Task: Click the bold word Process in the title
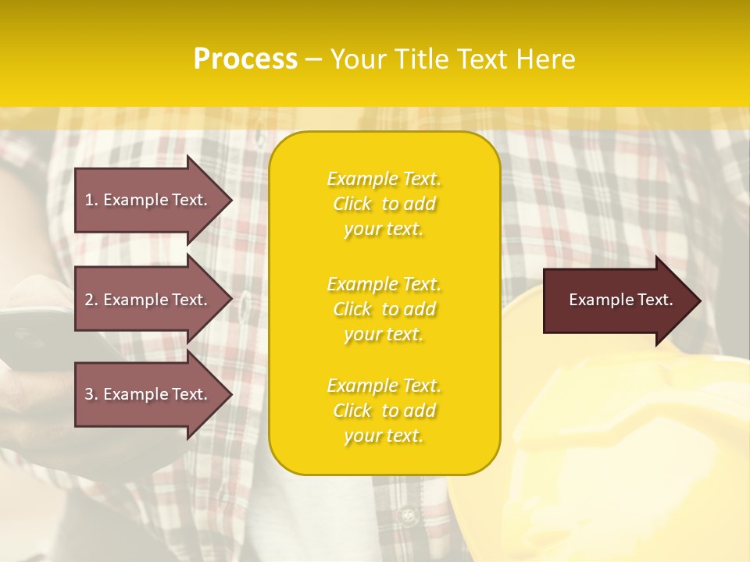pos(245,59)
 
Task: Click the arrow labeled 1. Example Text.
pos(146,200)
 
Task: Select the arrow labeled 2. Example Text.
pos(146,300)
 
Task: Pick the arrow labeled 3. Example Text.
pos(146,394)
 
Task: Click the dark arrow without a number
pos(620,301)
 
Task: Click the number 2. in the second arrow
pos(91,300)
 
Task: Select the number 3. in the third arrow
pos(91,394)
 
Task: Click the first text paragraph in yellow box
pos(384,204)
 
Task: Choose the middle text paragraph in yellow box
pos(384,309)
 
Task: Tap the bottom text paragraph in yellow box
pos(384,411)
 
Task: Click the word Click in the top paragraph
pos(352,204)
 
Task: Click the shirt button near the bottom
pos(405,516)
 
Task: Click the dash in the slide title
pos(313,59)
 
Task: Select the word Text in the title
pos(483,59)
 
